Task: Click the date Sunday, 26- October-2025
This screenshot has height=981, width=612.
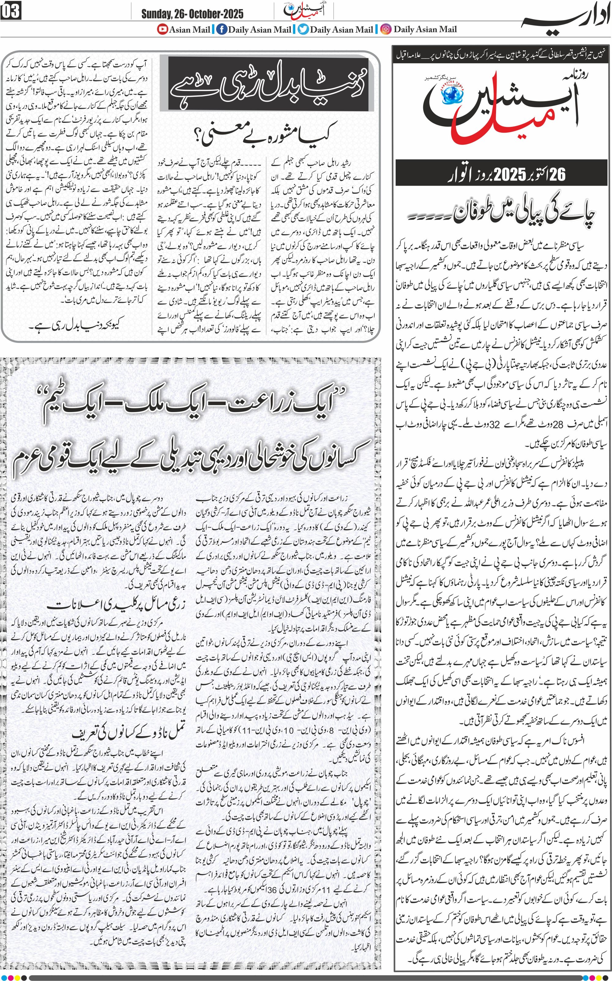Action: pos(192,14)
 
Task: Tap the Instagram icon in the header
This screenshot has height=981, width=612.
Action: pos(386,29)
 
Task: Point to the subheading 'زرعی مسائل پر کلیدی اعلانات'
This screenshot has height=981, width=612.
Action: pos(116,605)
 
